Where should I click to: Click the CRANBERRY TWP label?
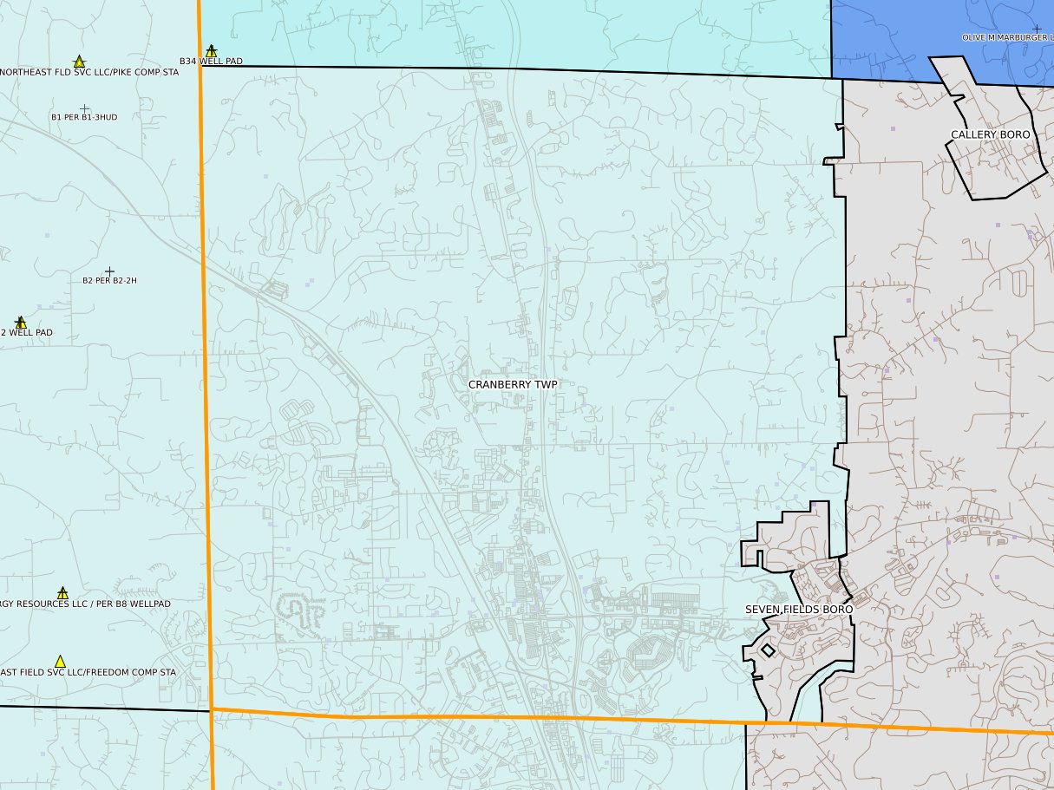pos(513,384)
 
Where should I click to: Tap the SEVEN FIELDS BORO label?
pos(799,610)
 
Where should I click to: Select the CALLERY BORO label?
pos(990,134)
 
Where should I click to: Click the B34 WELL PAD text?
pos(211,62)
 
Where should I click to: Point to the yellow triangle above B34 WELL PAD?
pos(211,51)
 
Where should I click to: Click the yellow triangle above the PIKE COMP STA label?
pos(79,62)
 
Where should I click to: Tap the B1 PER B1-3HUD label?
pos(84,117)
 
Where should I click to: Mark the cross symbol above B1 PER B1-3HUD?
pos(84,108)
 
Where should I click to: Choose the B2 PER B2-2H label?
pos(109,281)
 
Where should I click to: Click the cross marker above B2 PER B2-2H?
pos(109,271)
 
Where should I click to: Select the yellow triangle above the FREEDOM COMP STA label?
pos(60,662)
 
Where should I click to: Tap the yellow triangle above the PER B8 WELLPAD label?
pos(62,594)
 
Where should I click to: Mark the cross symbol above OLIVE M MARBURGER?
pos(1037,29)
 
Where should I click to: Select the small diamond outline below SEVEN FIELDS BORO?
pos(768,650)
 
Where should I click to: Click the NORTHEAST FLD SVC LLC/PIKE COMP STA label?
pos(88,72)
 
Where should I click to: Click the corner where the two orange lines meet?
pos(212,709)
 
